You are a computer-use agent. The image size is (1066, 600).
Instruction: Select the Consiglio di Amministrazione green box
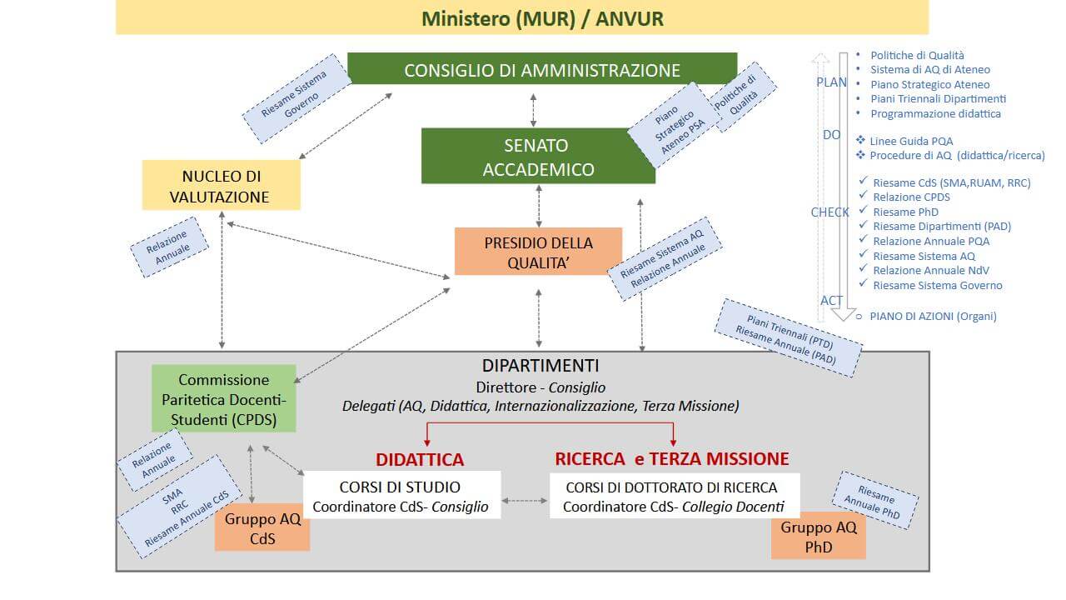(x=542, y=70)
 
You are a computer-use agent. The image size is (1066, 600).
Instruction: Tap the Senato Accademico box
(x=538, y=157)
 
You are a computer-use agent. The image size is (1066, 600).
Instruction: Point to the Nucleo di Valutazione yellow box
(x=221, y=186)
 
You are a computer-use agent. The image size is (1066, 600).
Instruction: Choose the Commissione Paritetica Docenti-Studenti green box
(x=224, y=399)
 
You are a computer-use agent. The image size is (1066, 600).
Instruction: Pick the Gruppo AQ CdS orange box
(x=262, y=529)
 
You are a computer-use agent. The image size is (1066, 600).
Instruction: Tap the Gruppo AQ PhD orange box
(x=819, y=537)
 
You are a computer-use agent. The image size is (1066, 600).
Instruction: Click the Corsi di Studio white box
(x=401, y=496)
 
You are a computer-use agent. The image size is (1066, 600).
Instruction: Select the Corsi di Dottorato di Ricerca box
(x=674, y=496)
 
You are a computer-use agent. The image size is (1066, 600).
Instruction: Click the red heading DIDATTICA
(x=419, y=459)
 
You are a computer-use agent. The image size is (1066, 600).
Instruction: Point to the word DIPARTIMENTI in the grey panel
(x=540, y=366)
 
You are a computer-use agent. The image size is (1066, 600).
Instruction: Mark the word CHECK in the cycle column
(x=829, y=212)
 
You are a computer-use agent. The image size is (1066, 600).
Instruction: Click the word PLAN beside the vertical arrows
(x=831, y=82)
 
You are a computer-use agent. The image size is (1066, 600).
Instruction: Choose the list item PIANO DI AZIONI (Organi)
(x=933, y=316)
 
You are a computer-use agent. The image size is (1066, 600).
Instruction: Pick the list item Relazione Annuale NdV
(x=931, y=270)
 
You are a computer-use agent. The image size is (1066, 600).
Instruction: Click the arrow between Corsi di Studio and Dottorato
(x=525, y=501)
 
